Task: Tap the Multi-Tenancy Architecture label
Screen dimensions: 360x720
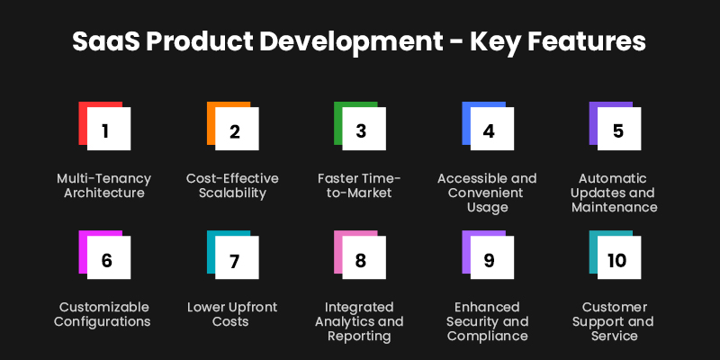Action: click(105, 185)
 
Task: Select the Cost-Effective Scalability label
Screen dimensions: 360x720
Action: click(232, 185)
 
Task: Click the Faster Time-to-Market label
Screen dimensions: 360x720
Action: click(359, 185)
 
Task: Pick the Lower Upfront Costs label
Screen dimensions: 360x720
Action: click(232, 314)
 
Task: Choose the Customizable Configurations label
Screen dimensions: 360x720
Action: click(105, 314)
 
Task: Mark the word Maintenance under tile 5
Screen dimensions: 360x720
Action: click(614, 207)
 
